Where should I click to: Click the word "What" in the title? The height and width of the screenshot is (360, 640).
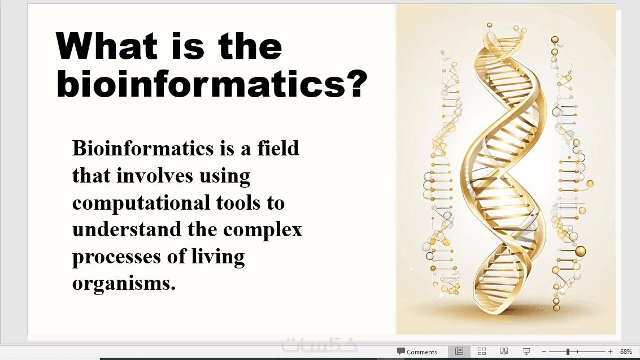107,46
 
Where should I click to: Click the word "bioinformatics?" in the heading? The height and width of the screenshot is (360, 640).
212,84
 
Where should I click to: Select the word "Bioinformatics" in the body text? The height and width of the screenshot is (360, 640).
143,148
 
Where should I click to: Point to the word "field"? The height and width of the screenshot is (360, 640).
278,148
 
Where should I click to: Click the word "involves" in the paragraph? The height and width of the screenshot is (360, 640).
155,176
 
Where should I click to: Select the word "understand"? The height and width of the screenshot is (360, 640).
127,229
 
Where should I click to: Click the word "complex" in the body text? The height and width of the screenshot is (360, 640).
263,230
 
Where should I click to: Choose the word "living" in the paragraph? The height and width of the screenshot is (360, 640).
218,257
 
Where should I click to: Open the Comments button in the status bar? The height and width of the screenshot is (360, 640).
417,352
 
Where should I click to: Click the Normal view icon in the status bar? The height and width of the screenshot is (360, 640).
459,352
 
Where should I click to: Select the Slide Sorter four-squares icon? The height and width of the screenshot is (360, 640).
482,352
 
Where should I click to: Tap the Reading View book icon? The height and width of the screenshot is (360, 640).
504,352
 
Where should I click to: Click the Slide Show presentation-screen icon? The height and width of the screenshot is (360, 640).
526,352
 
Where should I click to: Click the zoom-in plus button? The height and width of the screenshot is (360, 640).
610,352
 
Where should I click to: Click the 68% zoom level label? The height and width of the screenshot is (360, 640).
626,352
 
